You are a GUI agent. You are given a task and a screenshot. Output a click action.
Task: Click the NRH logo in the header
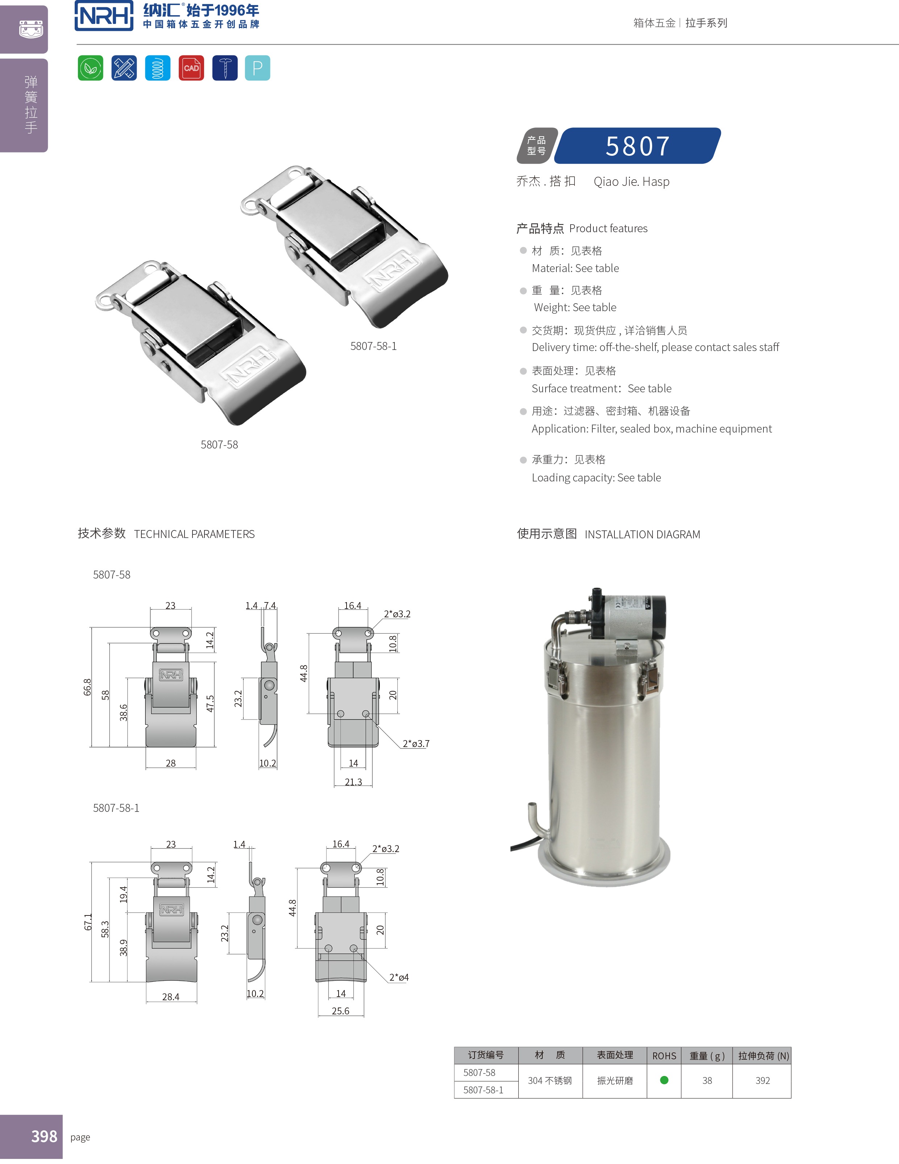click(x=104, y=16)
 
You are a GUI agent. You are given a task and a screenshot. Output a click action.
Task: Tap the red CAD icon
click(x=191, y=68)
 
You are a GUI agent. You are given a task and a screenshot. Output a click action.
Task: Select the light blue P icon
click(x=257, y=68)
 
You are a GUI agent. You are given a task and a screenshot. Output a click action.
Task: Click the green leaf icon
click(x=90, y=68)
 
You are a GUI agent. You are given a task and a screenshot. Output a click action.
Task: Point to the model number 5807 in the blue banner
click(x=638, y=146)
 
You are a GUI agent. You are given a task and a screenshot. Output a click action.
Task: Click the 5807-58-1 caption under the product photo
click(x=373, y=346)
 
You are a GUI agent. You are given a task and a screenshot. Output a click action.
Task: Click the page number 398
click(x=44, y=1136)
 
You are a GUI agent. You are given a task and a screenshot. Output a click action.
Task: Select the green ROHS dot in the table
click(x=664, y=1080)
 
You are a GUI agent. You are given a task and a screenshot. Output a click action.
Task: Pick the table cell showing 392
click(x=762, y=1080)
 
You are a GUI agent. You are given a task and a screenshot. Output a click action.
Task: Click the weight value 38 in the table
click(x=707, y=1080)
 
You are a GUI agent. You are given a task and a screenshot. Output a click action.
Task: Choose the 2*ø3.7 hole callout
click(x=416, y=743)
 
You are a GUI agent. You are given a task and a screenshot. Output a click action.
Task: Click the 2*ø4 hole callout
click(x=399, y=977)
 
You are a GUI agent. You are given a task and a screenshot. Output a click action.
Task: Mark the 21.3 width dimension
click(x=353, y=782)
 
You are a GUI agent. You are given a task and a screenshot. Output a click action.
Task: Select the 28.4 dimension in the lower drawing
click(x=171, y=997)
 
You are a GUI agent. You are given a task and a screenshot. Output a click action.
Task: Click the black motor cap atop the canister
click(x=657, y=616)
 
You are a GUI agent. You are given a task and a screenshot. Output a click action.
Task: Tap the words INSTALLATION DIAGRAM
click(x=642, y=534)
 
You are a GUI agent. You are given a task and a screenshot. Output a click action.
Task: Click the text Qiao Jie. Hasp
click(x=631, y=182)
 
